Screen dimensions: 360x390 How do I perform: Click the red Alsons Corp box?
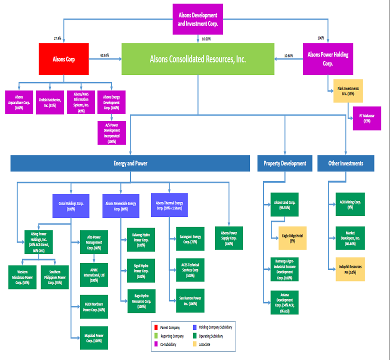(64, 59)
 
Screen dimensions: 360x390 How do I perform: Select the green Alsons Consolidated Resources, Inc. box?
(197, 59)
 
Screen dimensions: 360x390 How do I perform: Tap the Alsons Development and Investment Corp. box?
(198, 19)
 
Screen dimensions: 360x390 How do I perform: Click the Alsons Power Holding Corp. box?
(328, 59)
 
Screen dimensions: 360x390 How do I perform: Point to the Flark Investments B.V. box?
(348, 91)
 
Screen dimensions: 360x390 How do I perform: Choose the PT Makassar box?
(370, 118)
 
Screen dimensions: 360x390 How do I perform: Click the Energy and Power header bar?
(130, 163)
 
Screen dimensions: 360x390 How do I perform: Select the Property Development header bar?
(285, 163)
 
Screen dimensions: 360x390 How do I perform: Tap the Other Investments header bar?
(345, 163)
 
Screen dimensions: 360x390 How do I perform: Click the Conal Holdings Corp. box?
(70, 206)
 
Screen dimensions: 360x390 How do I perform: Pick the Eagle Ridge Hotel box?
(292, 238)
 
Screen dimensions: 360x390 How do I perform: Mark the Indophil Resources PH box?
(350, 269)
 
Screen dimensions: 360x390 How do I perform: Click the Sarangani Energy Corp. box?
(190, 238)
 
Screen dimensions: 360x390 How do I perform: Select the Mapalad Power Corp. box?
(94, 337)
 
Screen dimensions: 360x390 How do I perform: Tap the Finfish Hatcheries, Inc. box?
(50, 102)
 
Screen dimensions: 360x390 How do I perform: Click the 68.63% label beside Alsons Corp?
(104, 55)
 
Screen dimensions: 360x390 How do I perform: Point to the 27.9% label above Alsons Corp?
(57, 38)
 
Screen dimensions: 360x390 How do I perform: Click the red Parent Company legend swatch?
(156, 327)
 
